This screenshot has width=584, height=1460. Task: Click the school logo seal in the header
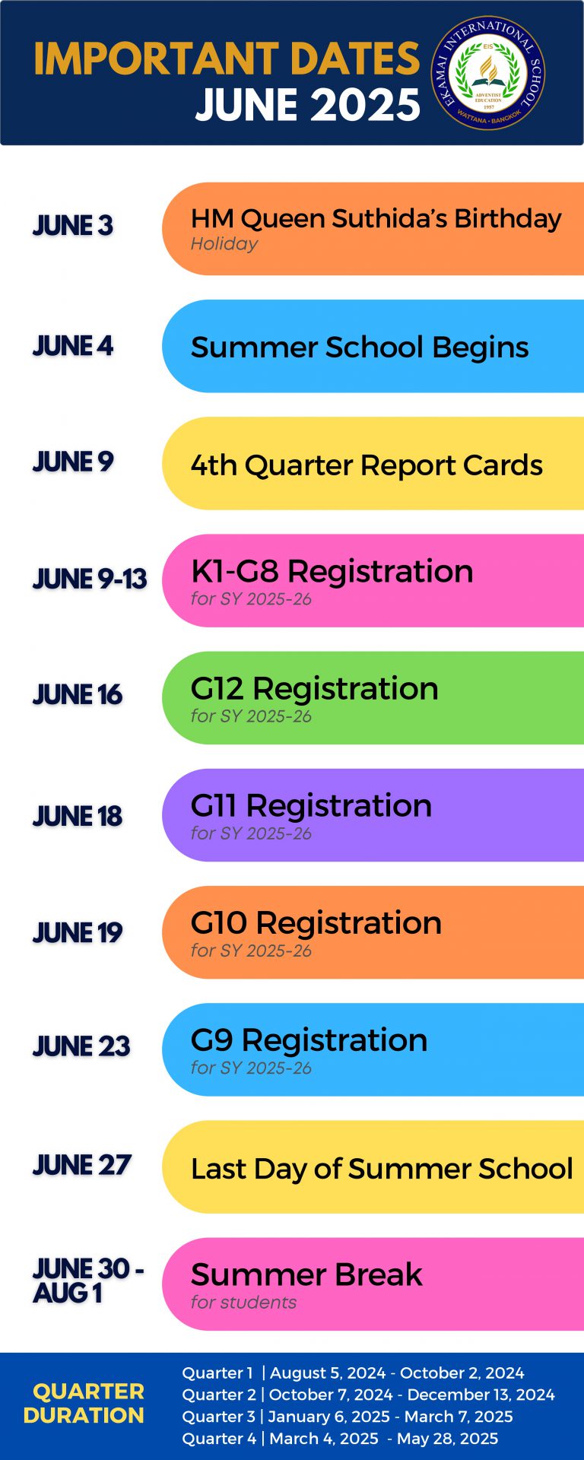point(488,73)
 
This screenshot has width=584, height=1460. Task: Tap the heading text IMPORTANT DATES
point(227,59)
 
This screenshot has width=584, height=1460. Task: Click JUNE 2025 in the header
point(308,105)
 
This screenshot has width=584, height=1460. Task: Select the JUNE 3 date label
point(73,226)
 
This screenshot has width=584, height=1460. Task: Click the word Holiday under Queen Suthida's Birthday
point(224,244)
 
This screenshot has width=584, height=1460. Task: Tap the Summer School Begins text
point(360,347)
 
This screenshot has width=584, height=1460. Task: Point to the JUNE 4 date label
point(73,346)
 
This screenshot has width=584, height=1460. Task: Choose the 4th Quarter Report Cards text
point(367,465)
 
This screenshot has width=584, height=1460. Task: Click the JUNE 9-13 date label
point(90,579)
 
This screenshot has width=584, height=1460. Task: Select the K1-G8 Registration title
point(332,571)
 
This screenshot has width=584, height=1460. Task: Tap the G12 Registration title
point(314,688)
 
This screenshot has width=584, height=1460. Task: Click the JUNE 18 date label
point(78,816)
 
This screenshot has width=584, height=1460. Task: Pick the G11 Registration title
point(311,805)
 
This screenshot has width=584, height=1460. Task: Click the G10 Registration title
point(316,922)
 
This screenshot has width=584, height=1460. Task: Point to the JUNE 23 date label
point(81,1046)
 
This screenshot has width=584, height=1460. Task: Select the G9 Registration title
point(309,1039)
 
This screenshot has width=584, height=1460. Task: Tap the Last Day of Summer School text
point(382,1168)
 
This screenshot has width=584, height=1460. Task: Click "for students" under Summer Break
point(243,1302)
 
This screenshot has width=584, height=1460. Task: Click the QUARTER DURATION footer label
point(85,1403)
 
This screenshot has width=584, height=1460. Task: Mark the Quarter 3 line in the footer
point(348,1417)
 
